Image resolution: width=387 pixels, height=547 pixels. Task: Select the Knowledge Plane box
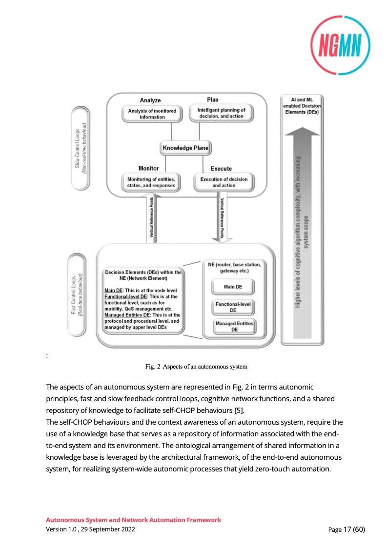tap(185, 148)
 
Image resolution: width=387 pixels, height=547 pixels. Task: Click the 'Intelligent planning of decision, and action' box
tap(221, 113)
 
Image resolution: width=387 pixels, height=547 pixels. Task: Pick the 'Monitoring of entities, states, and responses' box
tap(150, 182)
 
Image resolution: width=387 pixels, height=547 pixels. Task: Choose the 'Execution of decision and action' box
tap(224, 182)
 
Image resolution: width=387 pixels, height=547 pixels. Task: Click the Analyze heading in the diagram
tap(150, 100)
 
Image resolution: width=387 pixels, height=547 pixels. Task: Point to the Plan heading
tap(213, 100)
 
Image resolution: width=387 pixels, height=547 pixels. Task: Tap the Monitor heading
tap(148, 168)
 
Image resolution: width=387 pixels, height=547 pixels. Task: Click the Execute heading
tap(221, 169)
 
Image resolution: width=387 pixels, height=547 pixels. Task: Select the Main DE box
tap(233, 287)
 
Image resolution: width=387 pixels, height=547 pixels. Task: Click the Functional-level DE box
tap(233, 307)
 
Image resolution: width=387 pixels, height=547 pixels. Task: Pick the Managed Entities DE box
tap(235, 327)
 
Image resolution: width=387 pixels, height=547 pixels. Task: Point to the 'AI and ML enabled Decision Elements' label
tap(301, 105)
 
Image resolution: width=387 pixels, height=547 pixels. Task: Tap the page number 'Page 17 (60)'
tap(346, 529)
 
